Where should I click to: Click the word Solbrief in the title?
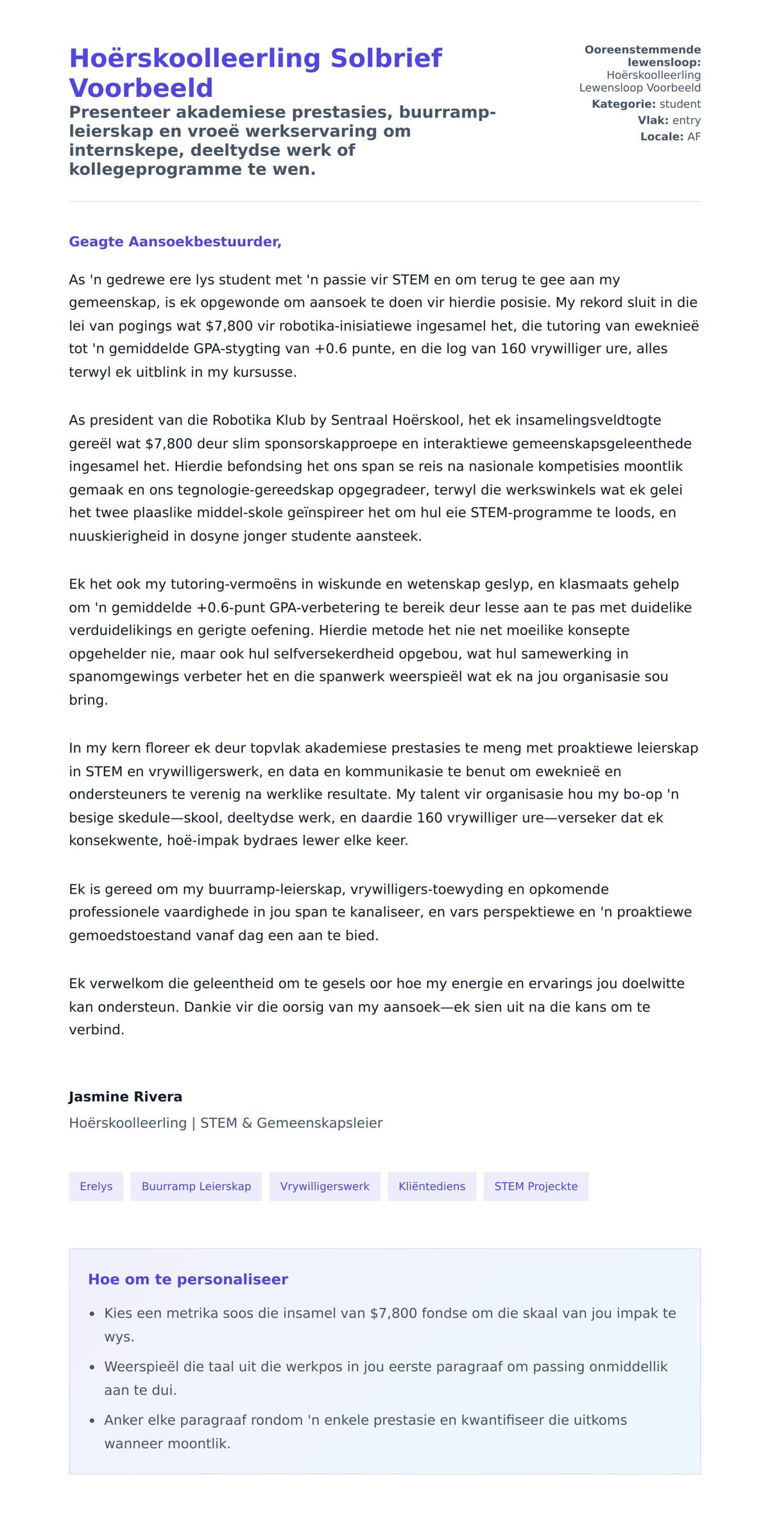pos(386,58)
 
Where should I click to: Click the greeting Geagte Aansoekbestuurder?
pos(175,242)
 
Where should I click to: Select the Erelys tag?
pos(96,1186)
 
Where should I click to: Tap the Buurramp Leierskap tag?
pos(196,1186)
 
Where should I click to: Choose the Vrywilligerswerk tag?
pos(324,1186)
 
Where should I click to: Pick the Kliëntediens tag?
pos(431,1186)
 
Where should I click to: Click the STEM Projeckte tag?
pos(535,1186)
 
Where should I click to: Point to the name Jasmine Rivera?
pos(125,1096)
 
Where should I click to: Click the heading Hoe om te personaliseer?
pos(187,1279)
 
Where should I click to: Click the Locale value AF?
pos(694,137)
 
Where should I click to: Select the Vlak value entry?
pos(686,121)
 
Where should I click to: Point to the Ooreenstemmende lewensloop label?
pos(642,56)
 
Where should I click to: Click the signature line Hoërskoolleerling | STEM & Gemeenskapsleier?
pos(225,1123)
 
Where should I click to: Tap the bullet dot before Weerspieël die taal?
pos(92,1367)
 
